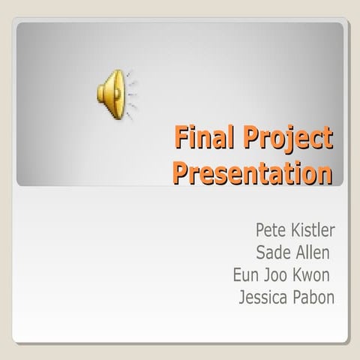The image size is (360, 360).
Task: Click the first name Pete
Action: tap(270, 228)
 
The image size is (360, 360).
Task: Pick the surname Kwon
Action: tap(314, 274)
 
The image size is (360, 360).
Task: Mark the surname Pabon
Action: tap(316, 297)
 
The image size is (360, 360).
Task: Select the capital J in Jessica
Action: tap(242, 297)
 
